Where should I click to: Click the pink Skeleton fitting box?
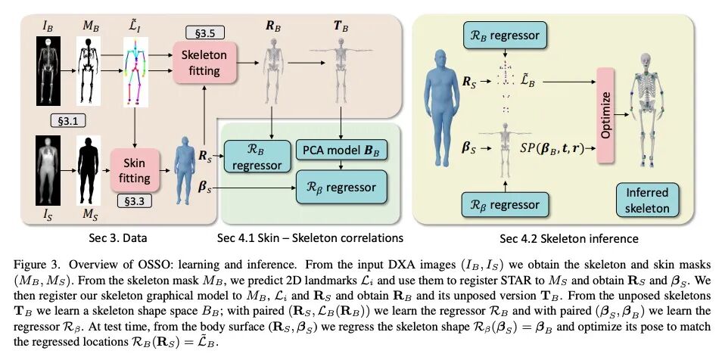tap(200, 63)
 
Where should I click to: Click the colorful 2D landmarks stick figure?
tap(138, 73)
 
